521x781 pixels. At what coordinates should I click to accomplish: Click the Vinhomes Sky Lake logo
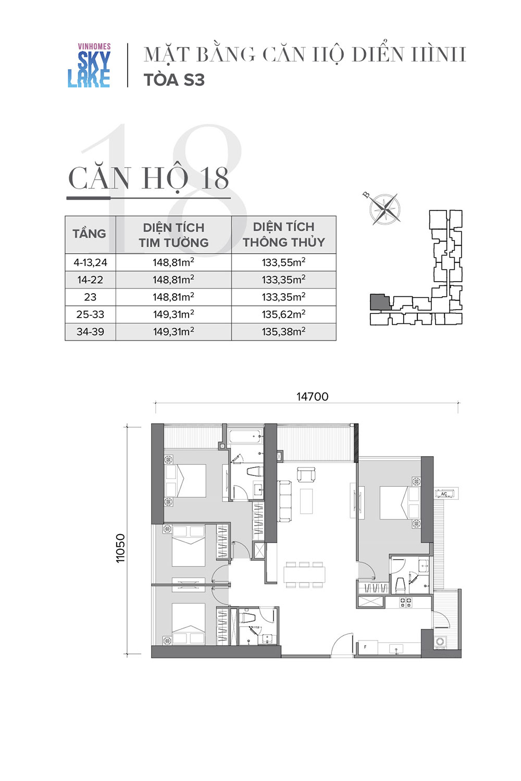click(89, 65)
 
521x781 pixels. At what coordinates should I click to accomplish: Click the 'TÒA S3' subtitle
click(174, 80)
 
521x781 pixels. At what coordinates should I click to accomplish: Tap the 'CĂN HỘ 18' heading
click(148, 179)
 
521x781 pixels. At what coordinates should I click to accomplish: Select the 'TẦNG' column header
click(89, 234)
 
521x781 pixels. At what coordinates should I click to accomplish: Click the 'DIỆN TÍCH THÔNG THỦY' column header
click(284, 234)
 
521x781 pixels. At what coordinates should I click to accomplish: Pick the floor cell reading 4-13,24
click(90, 262)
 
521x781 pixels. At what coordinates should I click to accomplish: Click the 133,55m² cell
click(284, 262)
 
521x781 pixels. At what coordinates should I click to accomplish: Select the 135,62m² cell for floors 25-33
click(284, 314)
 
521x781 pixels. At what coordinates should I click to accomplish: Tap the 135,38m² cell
click(284, 331)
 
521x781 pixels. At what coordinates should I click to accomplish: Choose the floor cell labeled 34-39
click(90, 332)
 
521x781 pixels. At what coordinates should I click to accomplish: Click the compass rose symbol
click(384, 208)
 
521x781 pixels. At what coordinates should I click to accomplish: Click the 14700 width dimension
click(312, 397)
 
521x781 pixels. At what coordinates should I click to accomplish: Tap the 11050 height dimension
click(120, 548)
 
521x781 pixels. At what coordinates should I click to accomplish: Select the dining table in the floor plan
click(304, 574)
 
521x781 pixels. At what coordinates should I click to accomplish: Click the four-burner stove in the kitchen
click(405, 602)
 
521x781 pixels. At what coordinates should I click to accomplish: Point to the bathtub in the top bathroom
click(245, 437)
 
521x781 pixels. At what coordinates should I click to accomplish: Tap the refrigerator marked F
click(368, 647)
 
